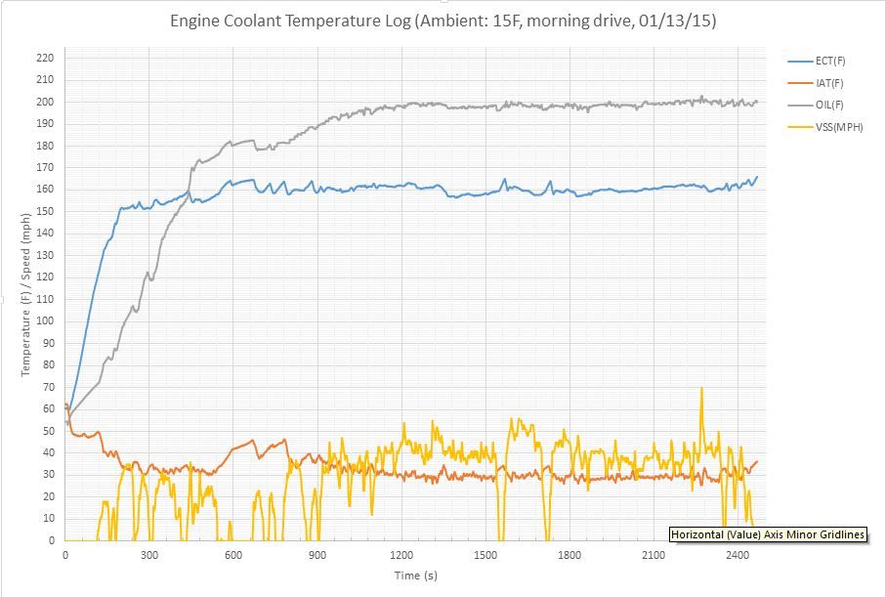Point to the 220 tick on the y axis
click(45, 58)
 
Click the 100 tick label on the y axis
click(45, 320)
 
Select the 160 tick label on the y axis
click(45, 190)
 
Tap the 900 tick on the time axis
click(317, 555)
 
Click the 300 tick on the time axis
click(149, 555)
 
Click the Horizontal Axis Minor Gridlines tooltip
click(768, 534)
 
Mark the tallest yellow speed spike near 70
click(701, 390)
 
